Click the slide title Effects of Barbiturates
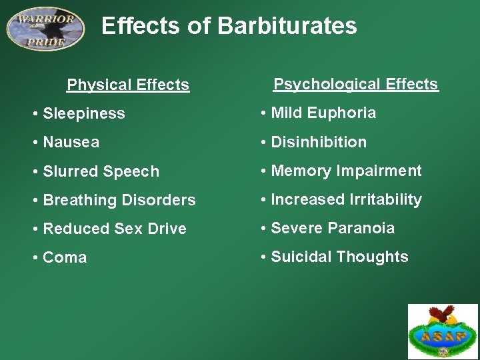[x=229, y=26]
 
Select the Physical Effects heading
[x=128, y=85]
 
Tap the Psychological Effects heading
[x=356, y=84]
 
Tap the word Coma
[x=65, y=257]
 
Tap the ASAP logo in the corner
[x=443, y=331]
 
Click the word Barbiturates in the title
[x=287, y=26]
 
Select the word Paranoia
[x=361, y=228]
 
